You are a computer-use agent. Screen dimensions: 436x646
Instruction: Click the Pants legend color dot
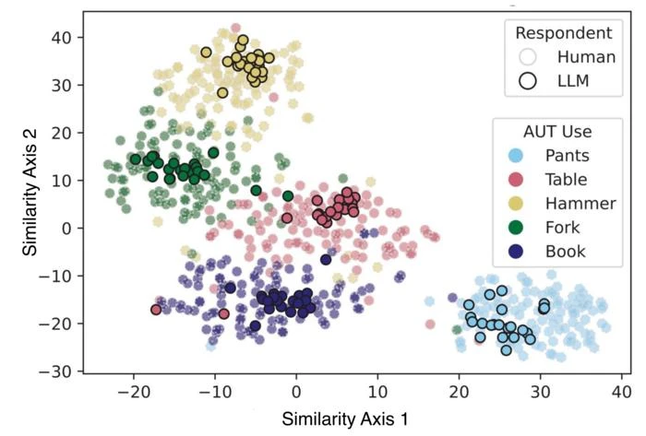(519, 154)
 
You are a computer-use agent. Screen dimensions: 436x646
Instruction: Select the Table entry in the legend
(565, 178)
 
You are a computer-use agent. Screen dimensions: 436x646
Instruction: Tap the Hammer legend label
(574, 202)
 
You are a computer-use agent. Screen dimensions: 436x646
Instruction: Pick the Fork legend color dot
(519, 226)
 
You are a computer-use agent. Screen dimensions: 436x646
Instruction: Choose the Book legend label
(565, 250)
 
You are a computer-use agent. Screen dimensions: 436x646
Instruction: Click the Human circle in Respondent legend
(528, 57)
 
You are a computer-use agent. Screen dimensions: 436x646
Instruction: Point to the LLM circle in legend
(528, 80)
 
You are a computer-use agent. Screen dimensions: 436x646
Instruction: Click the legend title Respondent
(564, 33)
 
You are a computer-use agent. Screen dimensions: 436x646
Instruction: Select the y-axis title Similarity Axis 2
(30, 191)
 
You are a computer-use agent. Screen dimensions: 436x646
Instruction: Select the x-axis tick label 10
(377, 389)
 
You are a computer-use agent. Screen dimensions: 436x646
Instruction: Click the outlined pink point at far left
(156, 310)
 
